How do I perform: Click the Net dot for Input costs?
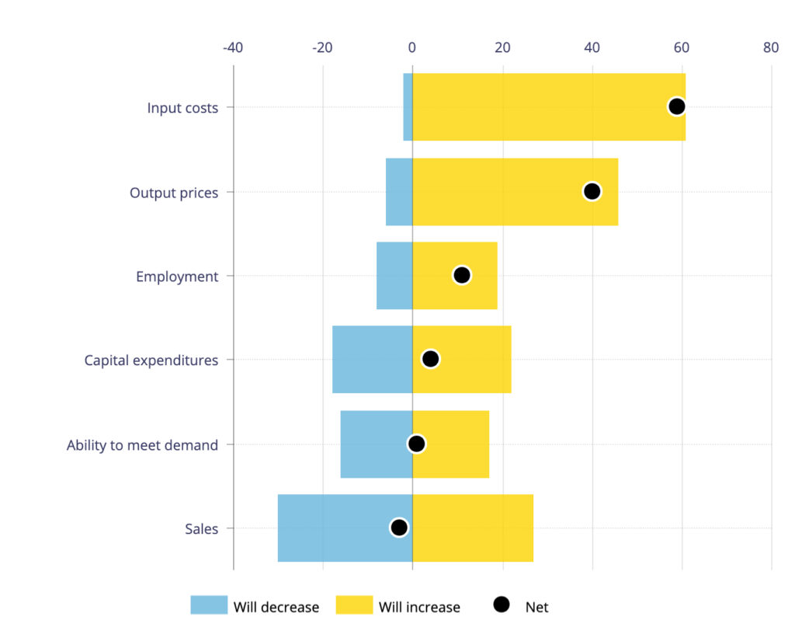click(x=676, y=106)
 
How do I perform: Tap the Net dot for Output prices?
click(x=592, y=191)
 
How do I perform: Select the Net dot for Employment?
click(x=462, y=275)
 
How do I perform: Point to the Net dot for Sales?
click(x=399, y=528)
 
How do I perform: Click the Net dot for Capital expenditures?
click(x=430, y=359)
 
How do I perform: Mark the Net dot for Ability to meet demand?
click(x=417, y=444)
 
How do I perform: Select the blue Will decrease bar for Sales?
click(x=345, y=528)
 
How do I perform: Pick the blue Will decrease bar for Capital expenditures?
click(x=372, y=360)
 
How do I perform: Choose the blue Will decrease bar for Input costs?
click(x=408, y=106)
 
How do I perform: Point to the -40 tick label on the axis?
click(x=233, y=47)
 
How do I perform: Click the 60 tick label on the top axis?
click(x=682, y=47)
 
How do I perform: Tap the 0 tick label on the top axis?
click(x=412, y=47)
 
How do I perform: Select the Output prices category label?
click(x=174, y=193)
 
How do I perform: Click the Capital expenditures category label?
click(x=151, y=361)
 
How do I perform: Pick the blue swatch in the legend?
click(x=209, y=606)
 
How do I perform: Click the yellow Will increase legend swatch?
click(x=354, y=606)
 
